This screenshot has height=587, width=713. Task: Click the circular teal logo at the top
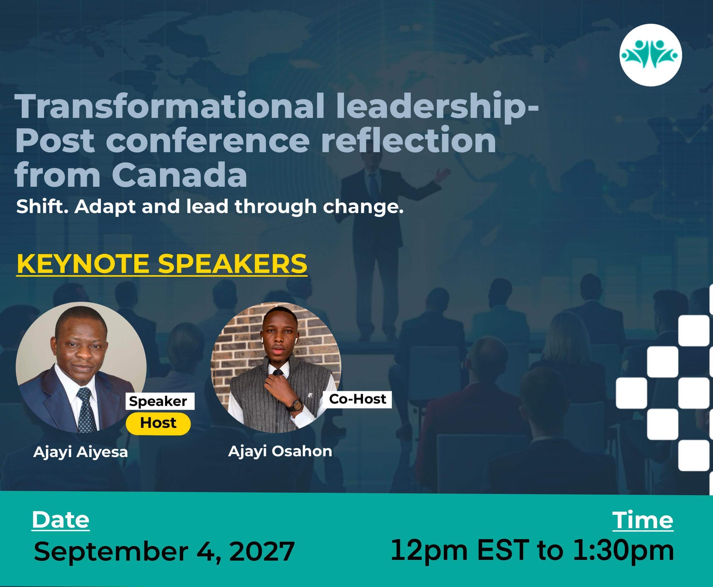point(651,55)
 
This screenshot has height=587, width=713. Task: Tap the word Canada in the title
point(179,175)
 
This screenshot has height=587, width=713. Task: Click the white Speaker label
point(160,401)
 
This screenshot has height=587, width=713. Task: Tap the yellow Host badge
point(158,423)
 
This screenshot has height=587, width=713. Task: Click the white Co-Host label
point(357,399)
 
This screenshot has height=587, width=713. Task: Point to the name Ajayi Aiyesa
point(80,452)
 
